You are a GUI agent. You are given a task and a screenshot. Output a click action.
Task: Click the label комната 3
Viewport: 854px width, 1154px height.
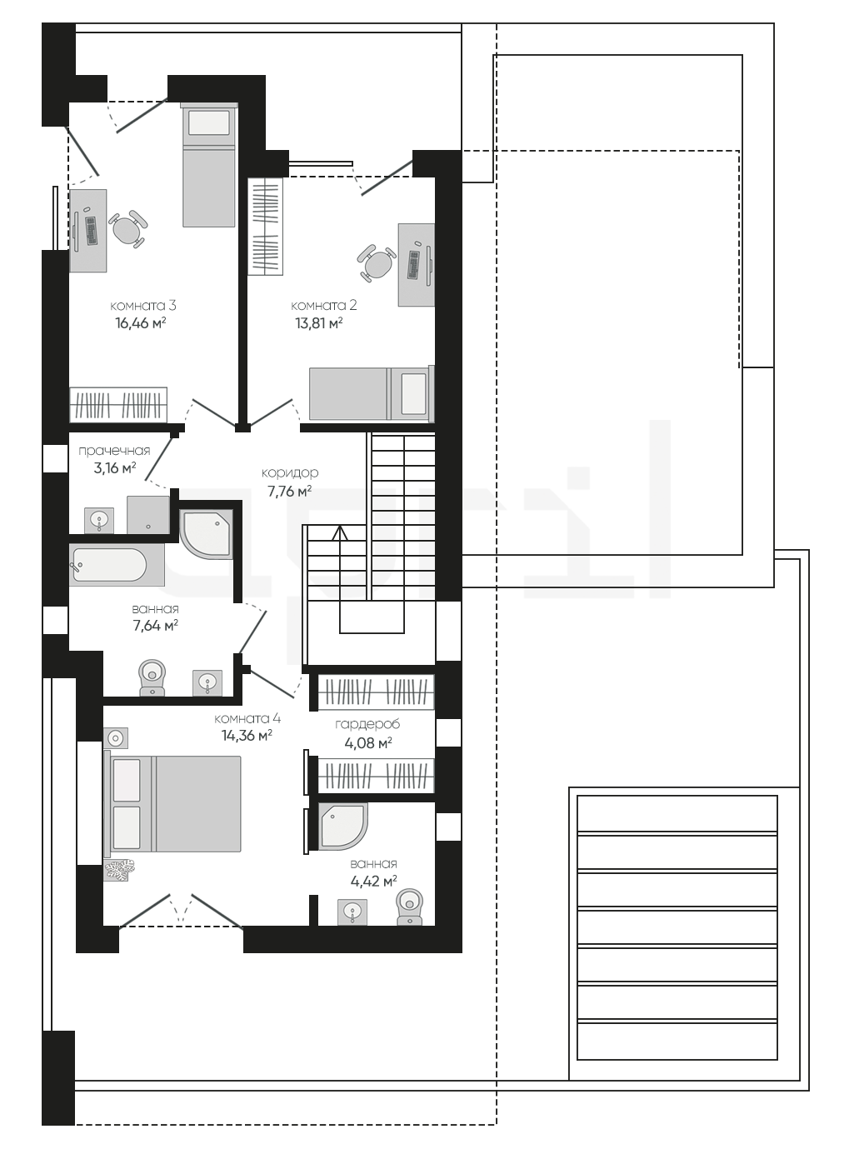[143, 306]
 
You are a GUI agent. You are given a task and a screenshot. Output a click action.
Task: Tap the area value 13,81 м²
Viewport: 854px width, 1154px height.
[319, 323]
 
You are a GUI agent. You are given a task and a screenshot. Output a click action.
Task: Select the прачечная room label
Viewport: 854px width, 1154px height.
[114, 451]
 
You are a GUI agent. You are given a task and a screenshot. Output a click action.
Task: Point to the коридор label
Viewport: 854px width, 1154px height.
[290, 473]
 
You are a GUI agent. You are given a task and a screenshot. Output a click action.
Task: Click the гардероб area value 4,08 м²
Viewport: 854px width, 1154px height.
[368, 743]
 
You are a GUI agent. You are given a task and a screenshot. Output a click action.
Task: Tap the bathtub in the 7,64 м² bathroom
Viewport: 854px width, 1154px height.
[117, 565]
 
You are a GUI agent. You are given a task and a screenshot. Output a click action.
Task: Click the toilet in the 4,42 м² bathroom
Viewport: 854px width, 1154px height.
[410, 907]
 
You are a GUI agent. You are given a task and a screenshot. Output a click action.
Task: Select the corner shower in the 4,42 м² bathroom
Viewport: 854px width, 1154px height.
[343, 827]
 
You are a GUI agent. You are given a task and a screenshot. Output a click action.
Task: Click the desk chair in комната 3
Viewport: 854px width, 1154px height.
[127, 229]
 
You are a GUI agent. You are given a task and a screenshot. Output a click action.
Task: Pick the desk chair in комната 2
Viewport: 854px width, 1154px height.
[377, 263]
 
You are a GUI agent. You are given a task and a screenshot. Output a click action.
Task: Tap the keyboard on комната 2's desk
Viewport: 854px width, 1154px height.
[415, 265]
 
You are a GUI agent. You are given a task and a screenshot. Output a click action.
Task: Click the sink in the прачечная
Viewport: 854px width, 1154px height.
[99, 520]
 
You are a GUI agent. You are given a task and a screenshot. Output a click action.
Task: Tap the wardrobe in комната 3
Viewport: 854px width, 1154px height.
[118, 405]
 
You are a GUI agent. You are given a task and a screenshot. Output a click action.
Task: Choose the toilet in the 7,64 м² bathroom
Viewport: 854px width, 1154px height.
[152, 677]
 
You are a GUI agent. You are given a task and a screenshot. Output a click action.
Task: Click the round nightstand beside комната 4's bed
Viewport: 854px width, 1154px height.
[116, 737]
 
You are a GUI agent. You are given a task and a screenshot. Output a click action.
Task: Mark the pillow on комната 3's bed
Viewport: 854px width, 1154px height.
[208, 122]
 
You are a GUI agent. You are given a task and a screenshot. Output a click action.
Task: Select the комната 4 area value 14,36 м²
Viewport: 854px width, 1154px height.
[247, 736]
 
